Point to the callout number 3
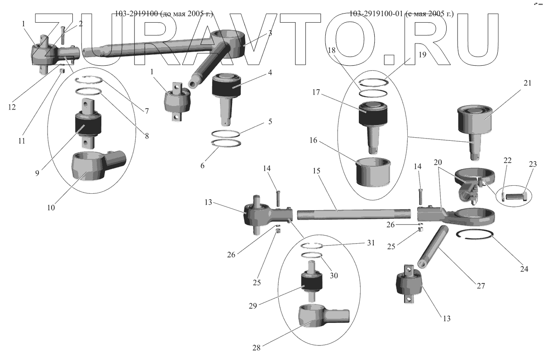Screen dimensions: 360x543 tap(270, 34)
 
